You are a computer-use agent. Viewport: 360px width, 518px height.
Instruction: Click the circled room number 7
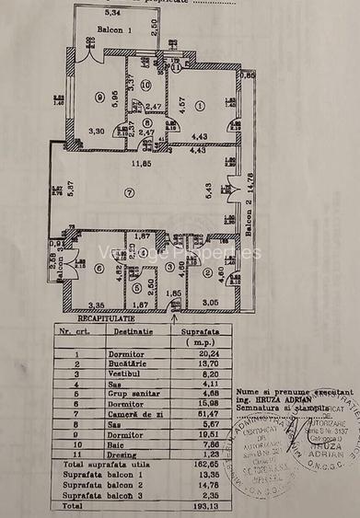click(x=130, y=191)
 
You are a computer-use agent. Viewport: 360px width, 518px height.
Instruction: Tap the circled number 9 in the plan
click(x=97, y=98)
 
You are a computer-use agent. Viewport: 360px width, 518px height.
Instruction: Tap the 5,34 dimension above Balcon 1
click(x=113, y=13)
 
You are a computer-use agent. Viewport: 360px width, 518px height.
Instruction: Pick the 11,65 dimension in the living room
click(x=140, y=165)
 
